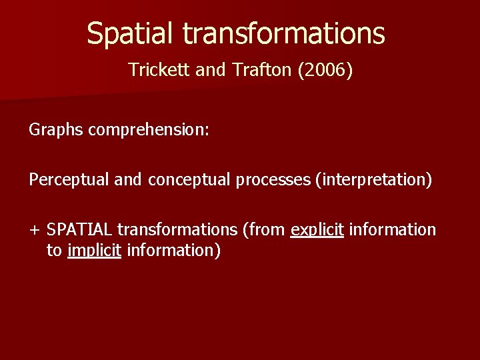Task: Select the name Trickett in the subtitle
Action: click(159, 69)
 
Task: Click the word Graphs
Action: click(56, 129)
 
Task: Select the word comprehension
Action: click(149, 129)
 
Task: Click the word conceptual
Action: click(189, 179)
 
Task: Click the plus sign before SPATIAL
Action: click(34, 230)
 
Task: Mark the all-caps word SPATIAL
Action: click(79, 230)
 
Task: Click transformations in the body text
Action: click(177, 230)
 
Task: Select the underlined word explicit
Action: click(317, 230)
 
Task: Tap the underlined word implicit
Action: click(94, 251)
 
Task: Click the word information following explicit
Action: click(393, 230)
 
